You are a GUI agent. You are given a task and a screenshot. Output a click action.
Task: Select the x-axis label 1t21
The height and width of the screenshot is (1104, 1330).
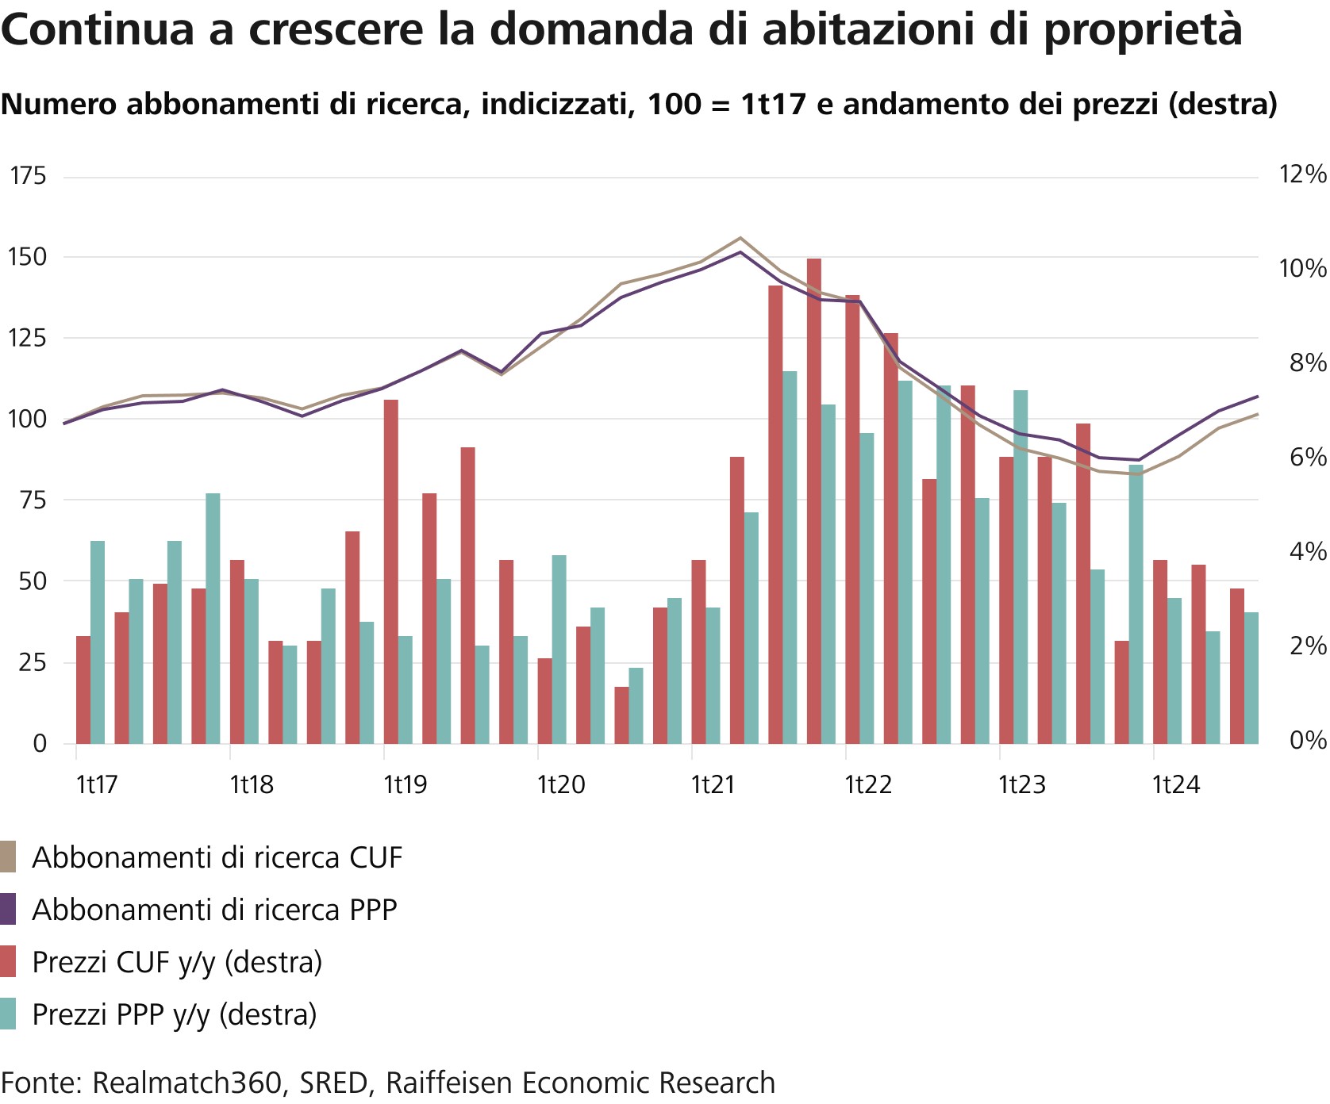(713, 785)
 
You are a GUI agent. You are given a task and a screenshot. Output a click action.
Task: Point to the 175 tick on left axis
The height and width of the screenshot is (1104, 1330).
(28, 176)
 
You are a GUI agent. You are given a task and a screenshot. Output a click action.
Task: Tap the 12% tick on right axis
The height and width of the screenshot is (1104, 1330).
(1302, 174)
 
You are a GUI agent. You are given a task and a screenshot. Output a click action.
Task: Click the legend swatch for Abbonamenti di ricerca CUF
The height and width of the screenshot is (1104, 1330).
(8, 857)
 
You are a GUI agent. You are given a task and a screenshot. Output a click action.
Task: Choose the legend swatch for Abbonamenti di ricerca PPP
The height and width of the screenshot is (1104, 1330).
(8, 910)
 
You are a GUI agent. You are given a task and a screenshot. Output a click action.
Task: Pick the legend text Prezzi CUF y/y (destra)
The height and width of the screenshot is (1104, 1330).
(177, 962)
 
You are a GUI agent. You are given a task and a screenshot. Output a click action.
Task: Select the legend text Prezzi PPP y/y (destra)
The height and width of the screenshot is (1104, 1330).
(174, 1014)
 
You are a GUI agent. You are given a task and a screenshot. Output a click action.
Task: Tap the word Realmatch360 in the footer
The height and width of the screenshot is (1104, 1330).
(187, 1083)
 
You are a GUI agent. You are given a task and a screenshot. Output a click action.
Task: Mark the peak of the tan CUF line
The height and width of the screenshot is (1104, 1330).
(740, 238)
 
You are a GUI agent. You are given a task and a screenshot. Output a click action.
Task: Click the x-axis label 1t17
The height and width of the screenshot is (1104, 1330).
(97, 785)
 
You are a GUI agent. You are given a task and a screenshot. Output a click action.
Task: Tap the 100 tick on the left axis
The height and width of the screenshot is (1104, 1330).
(28, 419)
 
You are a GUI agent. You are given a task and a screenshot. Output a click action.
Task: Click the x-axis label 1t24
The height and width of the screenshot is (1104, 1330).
(1174, 785)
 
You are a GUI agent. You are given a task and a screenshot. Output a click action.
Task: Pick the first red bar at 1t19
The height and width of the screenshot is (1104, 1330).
(390, 572)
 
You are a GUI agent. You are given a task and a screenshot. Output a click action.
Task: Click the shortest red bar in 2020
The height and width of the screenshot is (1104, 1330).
(621, 715)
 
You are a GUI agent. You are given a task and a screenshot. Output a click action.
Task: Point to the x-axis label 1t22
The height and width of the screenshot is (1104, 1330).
(867, 785)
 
